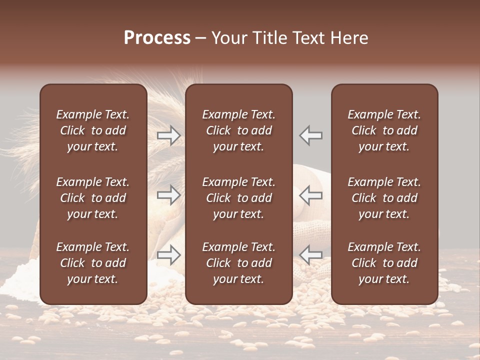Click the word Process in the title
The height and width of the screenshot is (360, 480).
click(x=157, y=38)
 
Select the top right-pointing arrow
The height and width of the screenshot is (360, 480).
click(x=169, y=135)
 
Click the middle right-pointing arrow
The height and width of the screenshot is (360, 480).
click(x=169, y=195)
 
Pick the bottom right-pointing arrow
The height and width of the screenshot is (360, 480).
click(x=169, y=255)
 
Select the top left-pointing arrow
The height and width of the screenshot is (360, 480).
click(x=311, y=135)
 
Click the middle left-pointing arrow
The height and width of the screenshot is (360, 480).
click(x=311, y=195)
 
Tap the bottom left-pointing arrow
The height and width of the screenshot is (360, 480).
click(x=311, y=255)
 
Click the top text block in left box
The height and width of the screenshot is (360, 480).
click(x=93, y=130)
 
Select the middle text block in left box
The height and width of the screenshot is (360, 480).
click(x=93, y=198)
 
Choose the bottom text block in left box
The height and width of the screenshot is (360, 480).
click(x=93, y=263)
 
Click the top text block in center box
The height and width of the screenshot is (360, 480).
click(x=238, y=130)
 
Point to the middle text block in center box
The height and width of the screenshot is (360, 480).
click(x=238, y=198)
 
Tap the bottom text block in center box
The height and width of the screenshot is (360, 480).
click(x=238, y=263)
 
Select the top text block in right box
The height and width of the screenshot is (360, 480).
click(x=384, y=130)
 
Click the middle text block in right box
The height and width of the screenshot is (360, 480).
click(x=384, y=198)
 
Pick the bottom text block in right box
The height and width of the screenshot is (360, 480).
click(x=384, y=263)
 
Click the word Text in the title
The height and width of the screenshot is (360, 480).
click(x=307, y=38)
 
